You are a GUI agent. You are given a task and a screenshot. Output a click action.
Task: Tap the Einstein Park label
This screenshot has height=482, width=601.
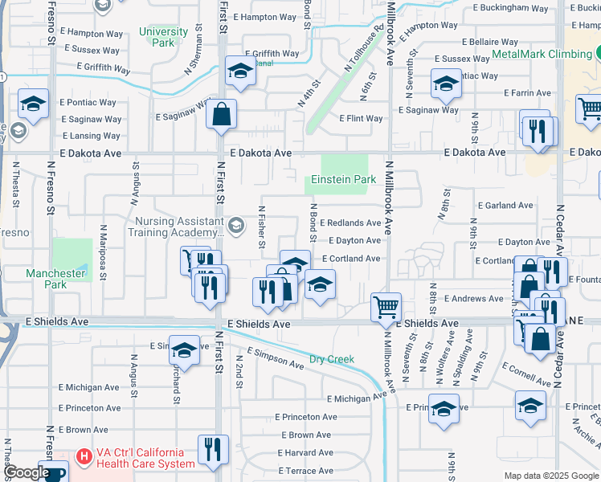(343, 179)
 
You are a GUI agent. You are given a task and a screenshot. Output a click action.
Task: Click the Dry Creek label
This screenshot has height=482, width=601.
(332, 359)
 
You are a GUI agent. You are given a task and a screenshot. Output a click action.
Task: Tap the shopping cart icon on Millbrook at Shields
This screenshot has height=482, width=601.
(386, 306)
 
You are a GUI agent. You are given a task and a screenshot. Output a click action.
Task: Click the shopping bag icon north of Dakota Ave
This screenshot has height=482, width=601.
(221, 113)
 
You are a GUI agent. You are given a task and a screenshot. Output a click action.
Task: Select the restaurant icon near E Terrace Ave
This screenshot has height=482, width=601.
(213, 448)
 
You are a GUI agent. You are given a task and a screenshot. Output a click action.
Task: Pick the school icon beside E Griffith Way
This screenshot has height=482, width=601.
(240, 70)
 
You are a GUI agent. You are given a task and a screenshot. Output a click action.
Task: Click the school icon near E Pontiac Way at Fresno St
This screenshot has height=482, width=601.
(34, 103)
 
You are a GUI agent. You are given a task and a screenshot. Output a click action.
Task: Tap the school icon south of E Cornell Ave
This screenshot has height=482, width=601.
(530, 406)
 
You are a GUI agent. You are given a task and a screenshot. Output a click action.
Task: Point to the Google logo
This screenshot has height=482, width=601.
(27, 472)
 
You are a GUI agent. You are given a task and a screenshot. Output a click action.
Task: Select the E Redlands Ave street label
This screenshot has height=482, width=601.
(350, 223)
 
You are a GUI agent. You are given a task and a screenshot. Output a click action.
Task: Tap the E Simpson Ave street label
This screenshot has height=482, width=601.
(275, 358)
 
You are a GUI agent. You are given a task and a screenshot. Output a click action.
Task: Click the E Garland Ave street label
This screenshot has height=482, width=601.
(505, 206)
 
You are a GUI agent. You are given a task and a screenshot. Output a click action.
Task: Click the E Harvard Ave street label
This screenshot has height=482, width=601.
(306, 453)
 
